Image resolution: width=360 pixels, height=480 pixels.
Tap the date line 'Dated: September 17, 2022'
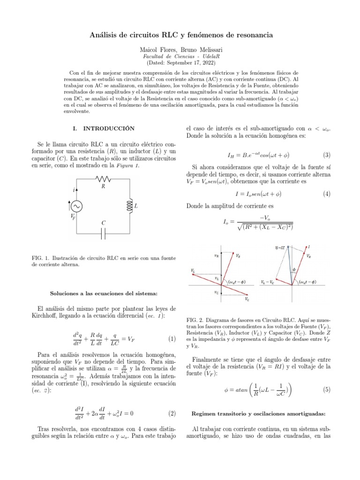click(180, 62)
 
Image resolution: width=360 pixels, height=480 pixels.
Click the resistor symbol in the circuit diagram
click(103, 179)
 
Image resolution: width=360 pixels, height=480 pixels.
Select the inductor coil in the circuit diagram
click(128, 206)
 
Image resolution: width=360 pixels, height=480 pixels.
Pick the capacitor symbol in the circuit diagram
click(103, 233)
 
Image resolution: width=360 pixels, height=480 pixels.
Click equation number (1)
click(172, 339)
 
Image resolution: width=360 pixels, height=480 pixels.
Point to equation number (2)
click(172, 413)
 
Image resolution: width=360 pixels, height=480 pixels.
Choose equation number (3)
click(327, 155)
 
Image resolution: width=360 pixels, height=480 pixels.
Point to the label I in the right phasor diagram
click(309, 247)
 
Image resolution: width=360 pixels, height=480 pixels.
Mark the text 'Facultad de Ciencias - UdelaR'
click(180, 56)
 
